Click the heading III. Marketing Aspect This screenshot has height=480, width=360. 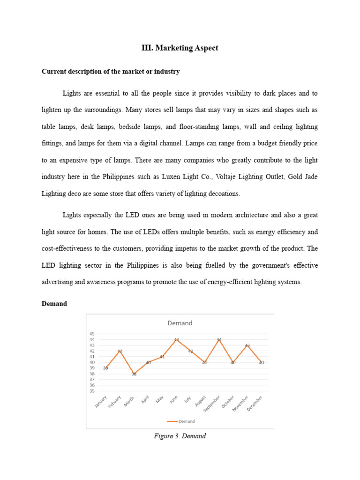pos(180,48)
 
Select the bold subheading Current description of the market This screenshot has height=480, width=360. pos(111,72)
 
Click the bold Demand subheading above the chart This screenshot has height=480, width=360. pos(54,304)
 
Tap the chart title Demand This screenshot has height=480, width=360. pos(180,323)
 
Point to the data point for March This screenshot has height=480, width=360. pos(134,374)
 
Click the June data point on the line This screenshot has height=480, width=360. pos(177,339)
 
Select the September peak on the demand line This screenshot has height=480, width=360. pos(219,339)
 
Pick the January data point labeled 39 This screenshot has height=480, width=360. pos(106,368)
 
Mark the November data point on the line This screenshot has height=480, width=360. pos(247,345)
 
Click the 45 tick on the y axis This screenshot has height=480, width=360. pos(91,334)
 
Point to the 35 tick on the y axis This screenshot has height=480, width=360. pos(91,391)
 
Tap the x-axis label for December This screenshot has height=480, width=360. pos(255,404)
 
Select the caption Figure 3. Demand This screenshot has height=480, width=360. pos(180,436)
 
